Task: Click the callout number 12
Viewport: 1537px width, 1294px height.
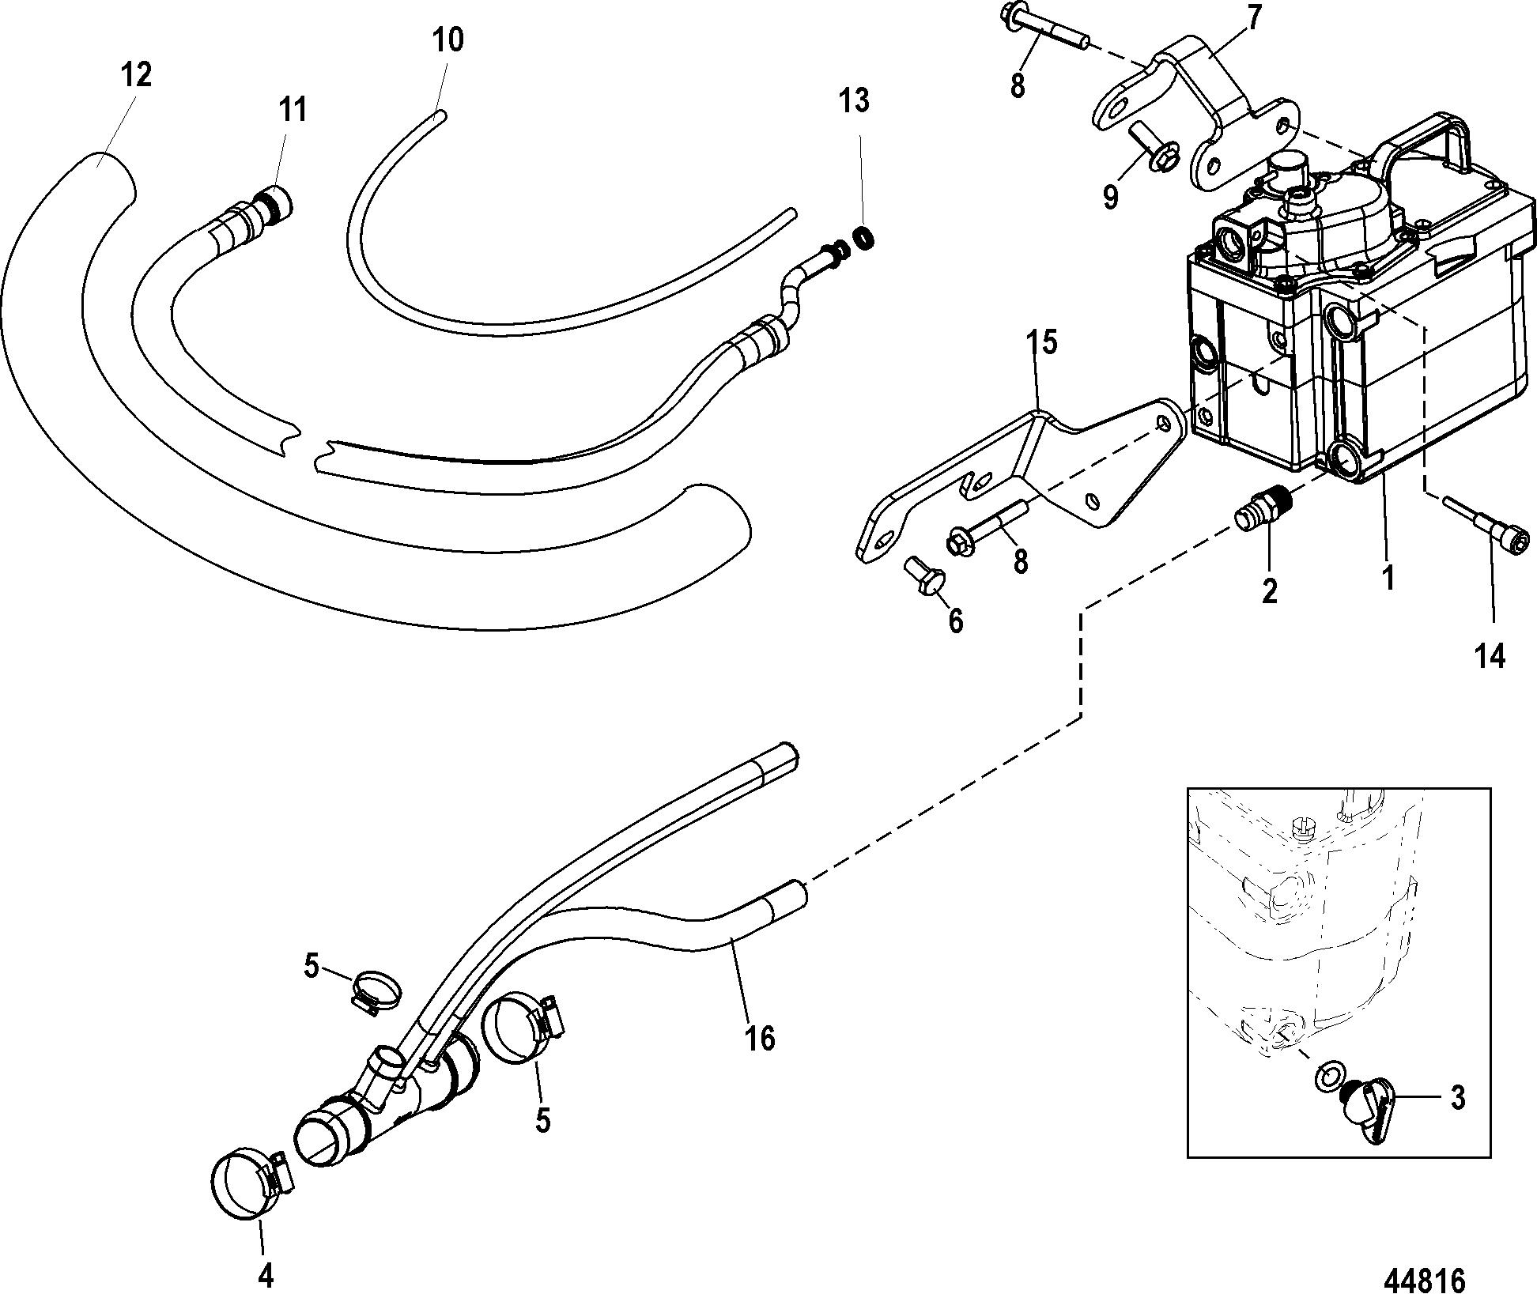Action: [136, 75]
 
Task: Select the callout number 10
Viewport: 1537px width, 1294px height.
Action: [448, 40]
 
